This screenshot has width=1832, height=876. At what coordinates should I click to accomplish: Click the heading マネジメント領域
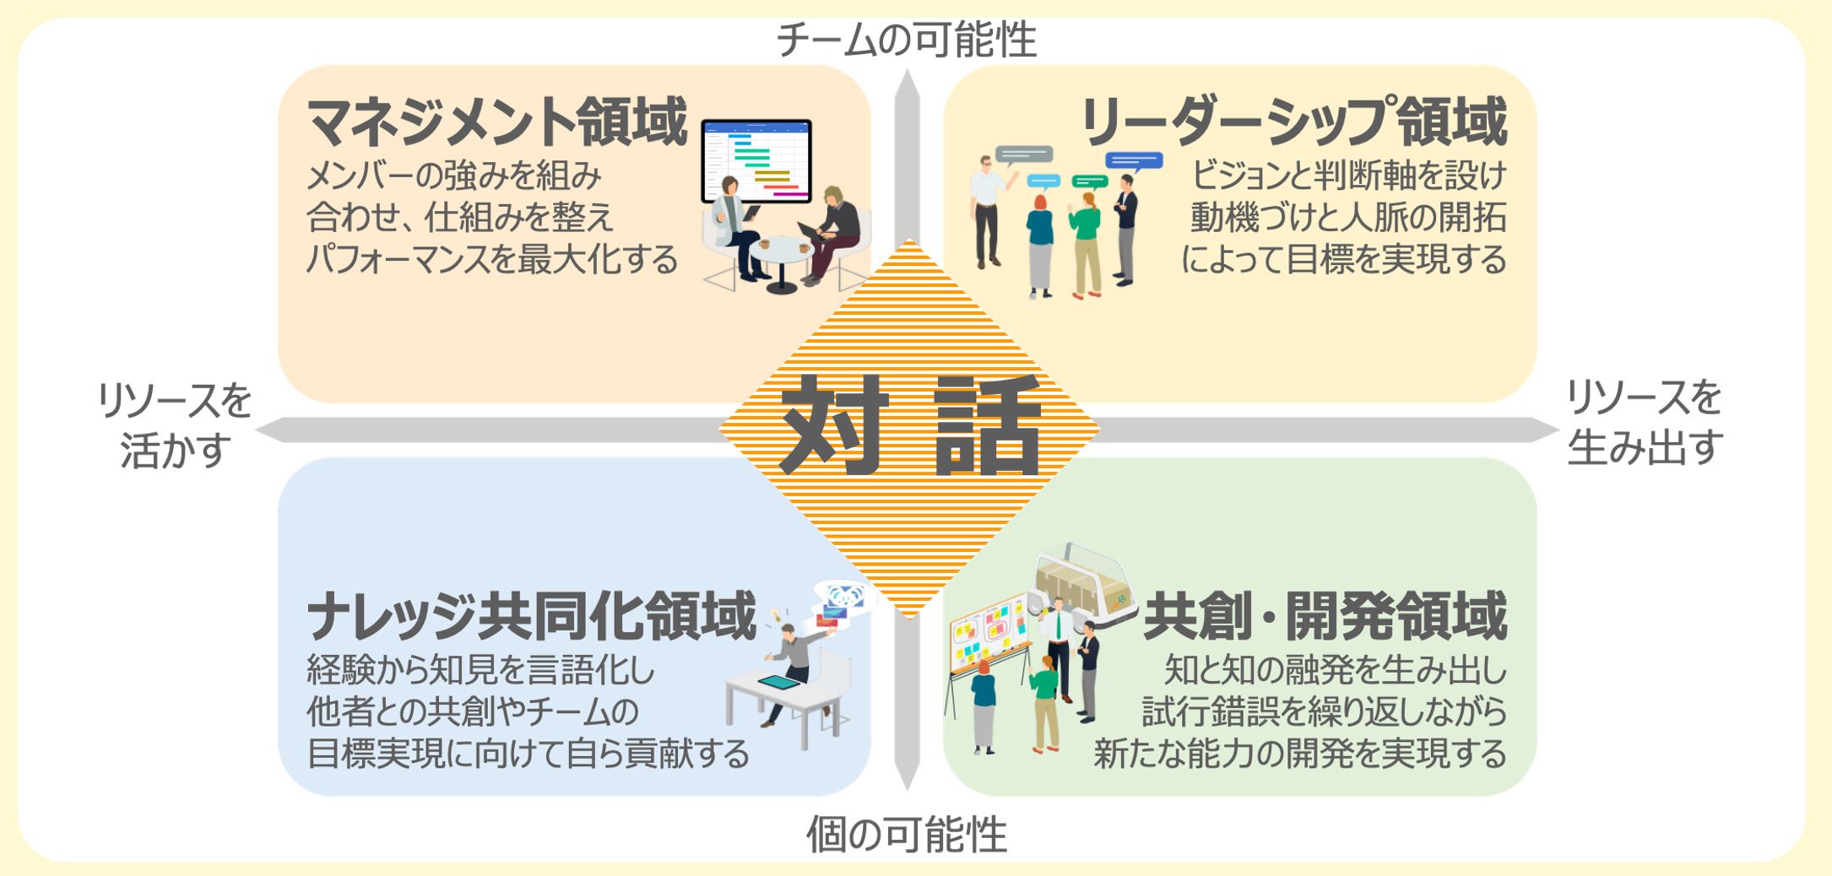496,123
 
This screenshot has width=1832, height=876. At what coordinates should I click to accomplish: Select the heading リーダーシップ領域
1293,123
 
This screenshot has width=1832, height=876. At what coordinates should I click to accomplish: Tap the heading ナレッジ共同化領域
531,617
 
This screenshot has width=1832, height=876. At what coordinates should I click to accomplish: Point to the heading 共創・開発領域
1325,617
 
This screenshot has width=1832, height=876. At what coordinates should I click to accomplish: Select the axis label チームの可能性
906,40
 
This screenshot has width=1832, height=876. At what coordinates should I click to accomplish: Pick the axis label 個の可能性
907,835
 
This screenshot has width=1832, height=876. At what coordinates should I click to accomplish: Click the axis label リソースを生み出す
1644,423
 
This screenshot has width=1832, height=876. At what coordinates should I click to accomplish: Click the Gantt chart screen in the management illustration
756,160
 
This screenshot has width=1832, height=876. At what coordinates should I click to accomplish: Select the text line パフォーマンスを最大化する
492,258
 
